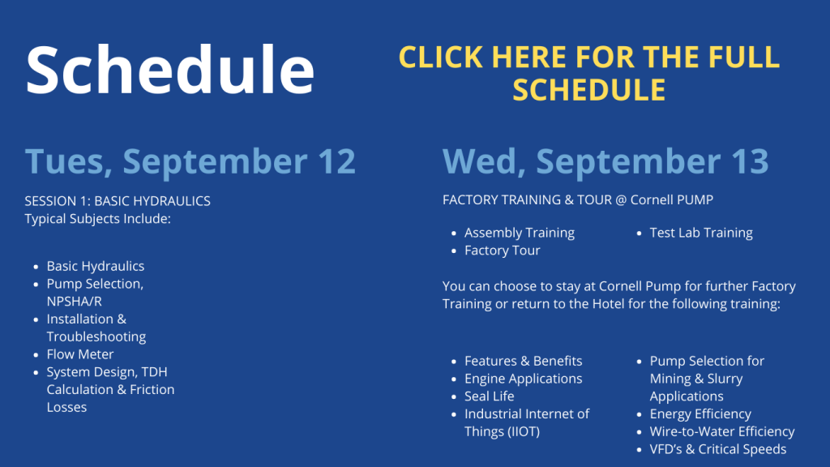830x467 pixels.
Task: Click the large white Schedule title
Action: (170, 70)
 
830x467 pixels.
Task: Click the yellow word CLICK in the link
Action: (441, 58)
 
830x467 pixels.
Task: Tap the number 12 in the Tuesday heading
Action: (336, 161)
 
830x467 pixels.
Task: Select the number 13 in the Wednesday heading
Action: (750, 161)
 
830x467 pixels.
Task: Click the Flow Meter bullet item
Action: (80, 354)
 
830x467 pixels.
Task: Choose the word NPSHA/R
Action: (74, 302)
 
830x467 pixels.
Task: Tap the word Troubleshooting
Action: (96, 336)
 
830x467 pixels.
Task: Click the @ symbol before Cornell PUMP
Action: (621, 200)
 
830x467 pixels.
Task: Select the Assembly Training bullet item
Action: (520, 233)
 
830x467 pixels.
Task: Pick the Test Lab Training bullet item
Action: (701, 233)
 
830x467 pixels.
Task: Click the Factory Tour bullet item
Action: (503, 251)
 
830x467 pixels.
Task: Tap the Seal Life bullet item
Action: (489, 396)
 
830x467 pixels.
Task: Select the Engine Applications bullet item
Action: (523, 379)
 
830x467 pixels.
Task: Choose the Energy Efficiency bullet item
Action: (700, 414)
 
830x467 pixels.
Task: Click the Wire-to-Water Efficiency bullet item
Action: (722, 431)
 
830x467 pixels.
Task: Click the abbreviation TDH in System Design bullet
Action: (154, 372)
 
